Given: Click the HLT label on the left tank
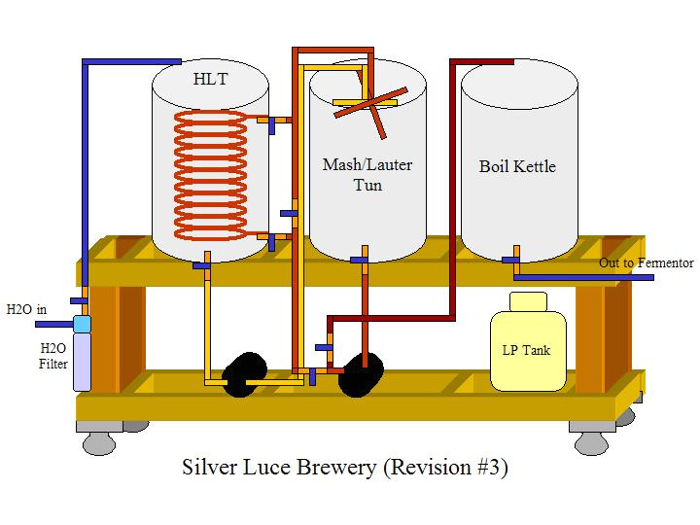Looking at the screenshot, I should coord(210,78).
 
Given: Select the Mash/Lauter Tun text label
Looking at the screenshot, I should coord(367,174).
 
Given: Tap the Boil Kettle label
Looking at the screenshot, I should coord(517,166).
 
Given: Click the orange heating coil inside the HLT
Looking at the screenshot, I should coord(210,175).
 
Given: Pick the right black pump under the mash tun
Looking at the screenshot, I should coord(361,372).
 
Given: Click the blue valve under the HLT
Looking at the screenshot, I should coord(202,263).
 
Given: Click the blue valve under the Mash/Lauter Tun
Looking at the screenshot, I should coord(359,260).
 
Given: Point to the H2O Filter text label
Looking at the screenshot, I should coord(53,356).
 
